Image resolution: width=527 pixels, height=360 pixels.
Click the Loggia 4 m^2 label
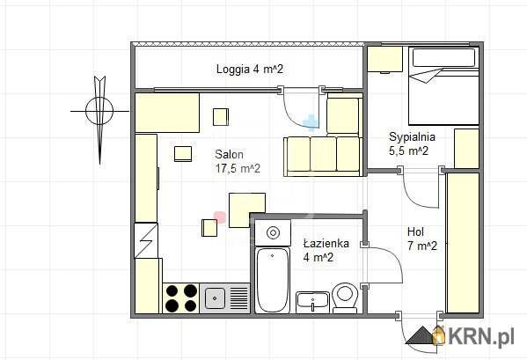point(249,70)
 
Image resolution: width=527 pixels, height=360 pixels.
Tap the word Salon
point(229,154)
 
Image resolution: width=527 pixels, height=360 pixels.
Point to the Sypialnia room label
point(412,136)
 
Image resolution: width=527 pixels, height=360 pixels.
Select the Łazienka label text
point(326,243)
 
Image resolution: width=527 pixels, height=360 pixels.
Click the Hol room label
point(415,231)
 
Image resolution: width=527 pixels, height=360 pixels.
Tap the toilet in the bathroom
point(345,298)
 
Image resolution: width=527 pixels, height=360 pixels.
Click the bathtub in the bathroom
point(272,280)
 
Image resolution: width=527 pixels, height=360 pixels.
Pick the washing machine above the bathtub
point(273,232)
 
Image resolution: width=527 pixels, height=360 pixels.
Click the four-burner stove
point(181,298)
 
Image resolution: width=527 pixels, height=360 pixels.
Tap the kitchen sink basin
point(215,298)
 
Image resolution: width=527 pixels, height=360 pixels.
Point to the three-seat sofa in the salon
point(323,157)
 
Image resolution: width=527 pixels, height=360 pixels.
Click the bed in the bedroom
point(443,86)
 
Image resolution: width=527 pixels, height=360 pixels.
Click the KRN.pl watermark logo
point(460,335)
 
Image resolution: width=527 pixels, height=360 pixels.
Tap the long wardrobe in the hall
point(463,243)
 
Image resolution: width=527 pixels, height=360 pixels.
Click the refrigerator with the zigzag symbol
point(146,240)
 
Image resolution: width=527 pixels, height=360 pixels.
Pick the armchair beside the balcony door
point(344,116)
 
